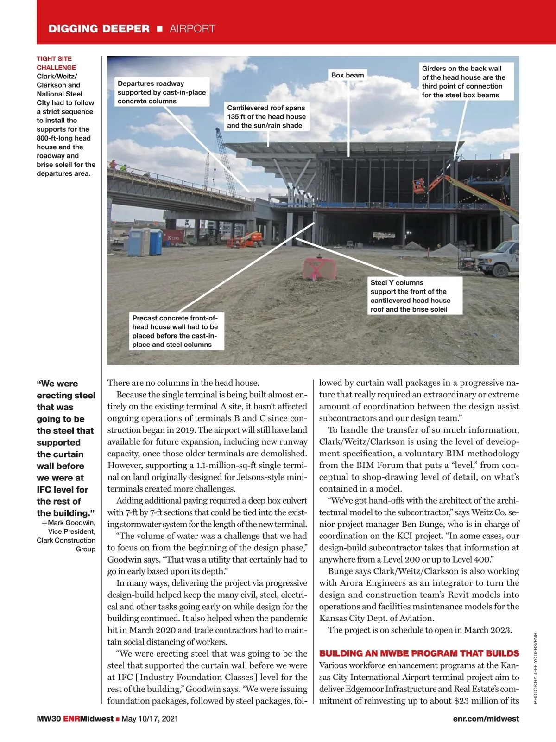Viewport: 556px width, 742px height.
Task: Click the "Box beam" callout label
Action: coord(347,75)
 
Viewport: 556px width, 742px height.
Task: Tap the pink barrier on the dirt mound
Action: coord(320,269)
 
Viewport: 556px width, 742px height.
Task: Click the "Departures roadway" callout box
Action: coord(162,92)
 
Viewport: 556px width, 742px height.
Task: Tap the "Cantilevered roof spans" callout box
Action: coord(266,116)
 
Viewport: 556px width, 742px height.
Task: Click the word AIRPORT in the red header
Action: coord(192,29)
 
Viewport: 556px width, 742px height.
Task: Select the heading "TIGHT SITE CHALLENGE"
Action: coord(56,63)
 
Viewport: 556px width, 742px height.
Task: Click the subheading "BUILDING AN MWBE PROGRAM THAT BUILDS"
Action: coord(419,653)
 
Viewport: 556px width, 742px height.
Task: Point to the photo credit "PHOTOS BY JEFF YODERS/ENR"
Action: coord(535,668)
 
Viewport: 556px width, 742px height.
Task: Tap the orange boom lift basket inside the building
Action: coord(419,186)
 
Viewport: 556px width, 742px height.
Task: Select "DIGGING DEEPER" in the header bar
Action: coord(99,29)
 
